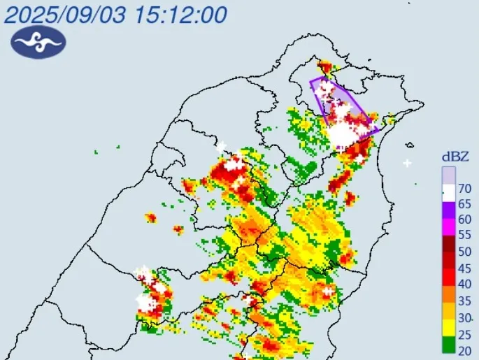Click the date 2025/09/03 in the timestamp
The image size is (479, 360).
point(65,13)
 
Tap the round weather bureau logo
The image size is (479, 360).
point(38,43)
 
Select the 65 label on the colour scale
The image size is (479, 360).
point(464,204)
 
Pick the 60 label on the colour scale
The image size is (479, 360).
point(464,219)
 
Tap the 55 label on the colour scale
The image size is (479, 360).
point(464,236)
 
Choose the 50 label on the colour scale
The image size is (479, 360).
point(464,252)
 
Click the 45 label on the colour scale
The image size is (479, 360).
point(464,268)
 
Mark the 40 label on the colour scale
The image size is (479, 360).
point(464,284)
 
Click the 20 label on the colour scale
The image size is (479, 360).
point(464,350)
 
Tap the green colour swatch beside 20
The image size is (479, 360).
point(448,345)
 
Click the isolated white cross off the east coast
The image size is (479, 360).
point(408,163)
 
